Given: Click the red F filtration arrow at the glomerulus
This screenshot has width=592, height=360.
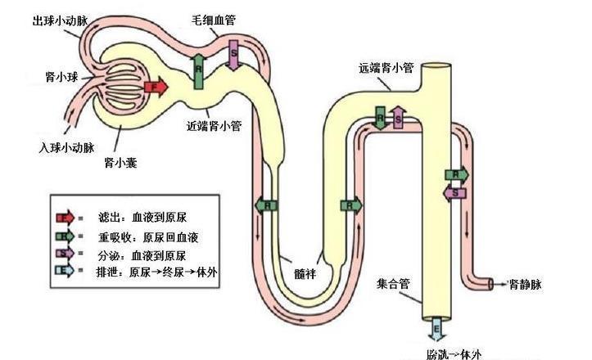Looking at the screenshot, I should [x=155, y=86].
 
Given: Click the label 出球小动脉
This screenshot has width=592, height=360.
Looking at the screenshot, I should [x=59, y=19].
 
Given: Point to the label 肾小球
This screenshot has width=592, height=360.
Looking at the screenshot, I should [x=61, y=77].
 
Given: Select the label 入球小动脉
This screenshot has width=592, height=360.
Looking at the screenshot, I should [x=67, y=148].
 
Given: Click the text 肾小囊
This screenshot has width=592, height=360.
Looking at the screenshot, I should [x=120, y=163].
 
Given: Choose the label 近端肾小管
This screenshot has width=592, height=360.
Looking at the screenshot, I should [x=214, y=126].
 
